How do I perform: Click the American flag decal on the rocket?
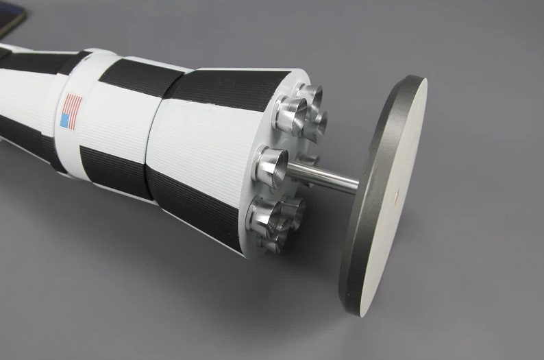(x=71, y=111)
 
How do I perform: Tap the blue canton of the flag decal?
(x=66, y=121)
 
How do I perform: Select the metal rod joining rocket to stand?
(x=322, y=174)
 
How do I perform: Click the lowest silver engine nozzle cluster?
(x=274, y=219)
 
